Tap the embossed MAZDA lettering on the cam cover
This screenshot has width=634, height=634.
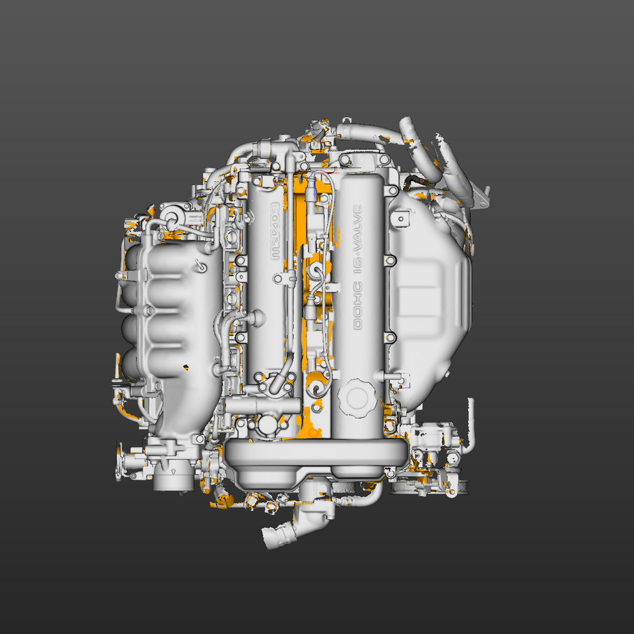click(x=276, y=232)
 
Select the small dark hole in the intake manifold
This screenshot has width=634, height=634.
click(x=186, y=368)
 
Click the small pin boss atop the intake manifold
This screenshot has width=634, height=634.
click(x=200, y=266)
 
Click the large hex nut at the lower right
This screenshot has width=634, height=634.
click(x=453, y=459)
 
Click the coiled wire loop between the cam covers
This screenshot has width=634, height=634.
click(x=317, y=388)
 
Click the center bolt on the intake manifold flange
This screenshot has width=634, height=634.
click(x=149, y=310)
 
